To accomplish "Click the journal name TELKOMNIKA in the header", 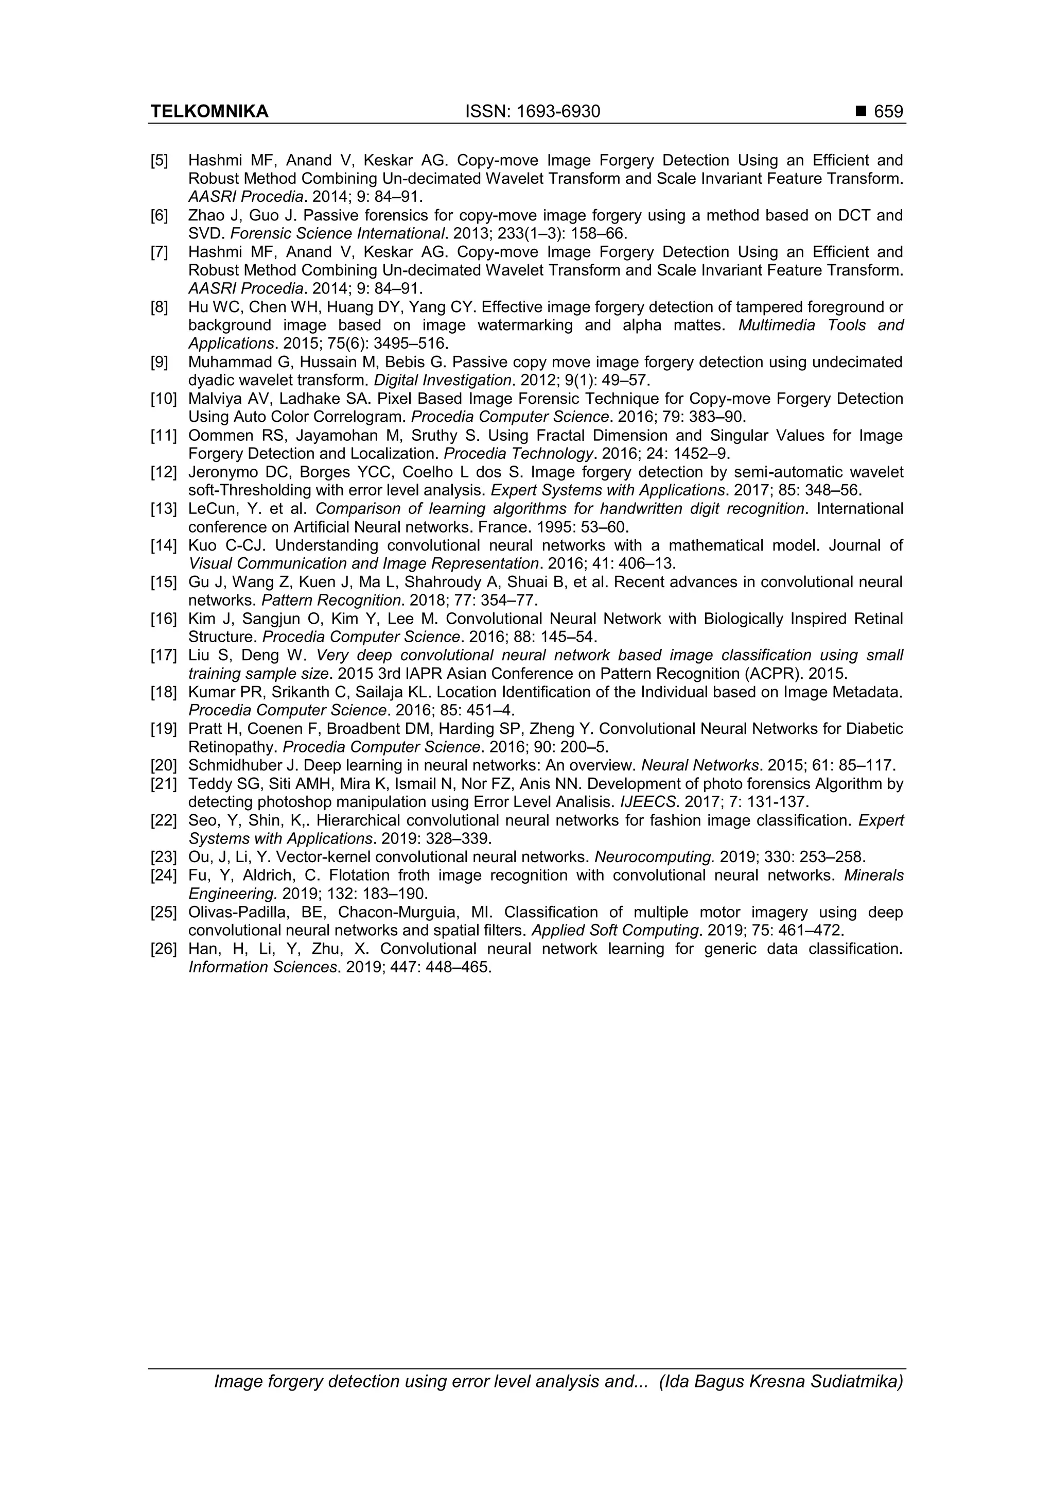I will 209,112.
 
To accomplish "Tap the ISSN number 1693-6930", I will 558,112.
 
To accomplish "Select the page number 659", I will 888,112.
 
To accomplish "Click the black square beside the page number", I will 861,112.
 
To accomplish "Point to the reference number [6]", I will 159,215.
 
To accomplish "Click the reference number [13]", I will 163,509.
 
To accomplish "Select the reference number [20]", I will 163,765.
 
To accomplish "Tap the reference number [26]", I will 163,949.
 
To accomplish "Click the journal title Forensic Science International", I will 337,233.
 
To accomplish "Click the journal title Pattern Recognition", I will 330,601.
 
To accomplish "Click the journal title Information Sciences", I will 262,968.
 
